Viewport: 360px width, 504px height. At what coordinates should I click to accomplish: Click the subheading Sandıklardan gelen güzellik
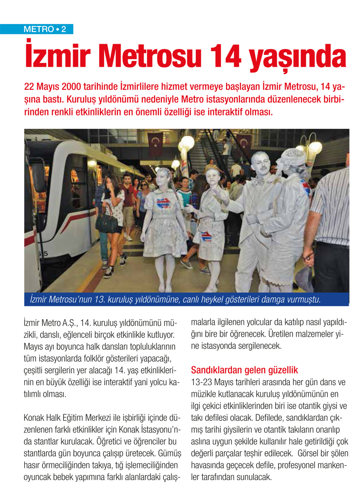(x=244, y=370)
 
